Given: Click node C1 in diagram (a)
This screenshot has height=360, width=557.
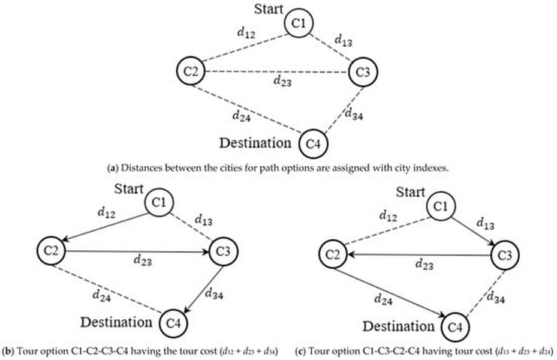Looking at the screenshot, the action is (x=299, y=23).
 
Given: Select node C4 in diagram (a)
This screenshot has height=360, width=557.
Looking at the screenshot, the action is (x=313, y=144).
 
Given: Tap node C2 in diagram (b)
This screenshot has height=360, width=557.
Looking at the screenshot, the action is (x=52, y=251).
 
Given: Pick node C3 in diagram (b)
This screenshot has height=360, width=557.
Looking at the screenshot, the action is (x=223, y=251).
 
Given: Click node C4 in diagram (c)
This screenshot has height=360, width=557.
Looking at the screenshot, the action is (x=455, y=326).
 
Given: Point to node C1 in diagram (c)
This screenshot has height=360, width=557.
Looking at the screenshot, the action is (x=441, y=206).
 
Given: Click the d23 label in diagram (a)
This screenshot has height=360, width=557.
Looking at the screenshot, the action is (x=283, y=82).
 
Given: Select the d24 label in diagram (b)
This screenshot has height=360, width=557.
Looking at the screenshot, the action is (x=101, y=296).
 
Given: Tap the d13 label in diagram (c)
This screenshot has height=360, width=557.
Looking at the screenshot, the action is (x=485, y=224).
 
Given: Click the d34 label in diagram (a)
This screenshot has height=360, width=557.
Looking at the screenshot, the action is (x=354, y=114).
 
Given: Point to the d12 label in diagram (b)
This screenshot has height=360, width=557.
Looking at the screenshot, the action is (x=106, y=212).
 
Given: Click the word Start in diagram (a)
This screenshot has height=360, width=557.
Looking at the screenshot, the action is (x=269, y=9).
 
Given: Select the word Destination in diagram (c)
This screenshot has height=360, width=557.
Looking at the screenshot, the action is (x=398, y=326).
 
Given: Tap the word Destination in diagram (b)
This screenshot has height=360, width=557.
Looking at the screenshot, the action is (x=116, y=322).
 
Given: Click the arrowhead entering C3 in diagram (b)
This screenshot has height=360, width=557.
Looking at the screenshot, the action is (x=205, y=252).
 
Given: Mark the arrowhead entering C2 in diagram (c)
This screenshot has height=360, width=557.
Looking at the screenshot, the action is (x=351, y=254).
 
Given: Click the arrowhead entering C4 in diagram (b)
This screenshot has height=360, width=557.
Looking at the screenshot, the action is (x=186, y=310).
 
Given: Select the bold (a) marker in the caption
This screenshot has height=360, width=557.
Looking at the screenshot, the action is (x=113, y=168).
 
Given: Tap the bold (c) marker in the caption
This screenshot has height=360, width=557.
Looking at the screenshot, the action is (x=300, y=352).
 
